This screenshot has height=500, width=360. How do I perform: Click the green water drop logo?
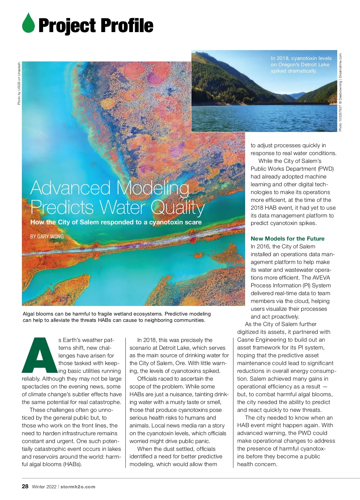[28, 23]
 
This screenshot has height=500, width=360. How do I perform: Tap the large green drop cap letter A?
[39, 355]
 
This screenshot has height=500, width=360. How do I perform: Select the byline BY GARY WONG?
[47, 236]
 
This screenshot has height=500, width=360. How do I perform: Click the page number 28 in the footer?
[25, 487]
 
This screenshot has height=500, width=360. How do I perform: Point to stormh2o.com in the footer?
[78, 487]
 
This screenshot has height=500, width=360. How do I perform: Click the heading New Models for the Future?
[287, 238]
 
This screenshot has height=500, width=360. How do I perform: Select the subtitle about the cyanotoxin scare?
[116, 222]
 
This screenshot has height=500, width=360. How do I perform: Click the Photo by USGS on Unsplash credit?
[19, 83]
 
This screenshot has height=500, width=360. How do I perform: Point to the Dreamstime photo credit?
[340, 92]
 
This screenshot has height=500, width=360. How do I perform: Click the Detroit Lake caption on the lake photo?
[301, 64]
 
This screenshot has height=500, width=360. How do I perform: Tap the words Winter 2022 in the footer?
[44, 487]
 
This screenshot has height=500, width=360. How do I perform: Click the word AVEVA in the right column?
[321, 277]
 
